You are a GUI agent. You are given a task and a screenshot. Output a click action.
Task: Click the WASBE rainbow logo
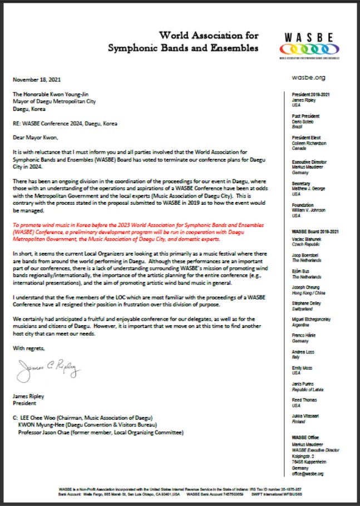(310, 45)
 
